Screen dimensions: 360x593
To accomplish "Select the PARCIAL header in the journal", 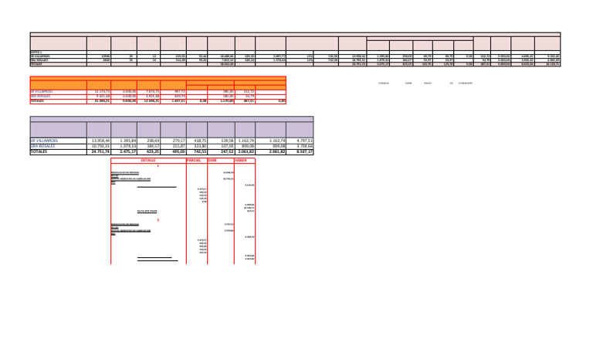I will pos(194,160).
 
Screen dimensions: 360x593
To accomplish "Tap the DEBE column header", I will pos(212,160).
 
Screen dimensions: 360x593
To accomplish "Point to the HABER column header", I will pos(240,160).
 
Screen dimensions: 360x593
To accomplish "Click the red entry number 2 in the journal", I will pos(158,220).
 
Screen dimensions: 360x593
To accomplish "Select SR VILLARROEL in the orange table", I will pos(42,91).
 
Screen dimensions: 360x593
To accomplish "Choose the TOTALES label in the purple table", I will pos(40,152).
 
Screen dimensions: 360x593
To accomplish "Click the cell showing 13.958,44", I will pos(101,141).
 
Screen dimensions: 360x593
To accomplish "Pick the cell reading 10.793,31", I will pos(101,146).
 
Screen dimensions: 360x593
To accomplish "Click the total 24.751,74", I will pos(101,152).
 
